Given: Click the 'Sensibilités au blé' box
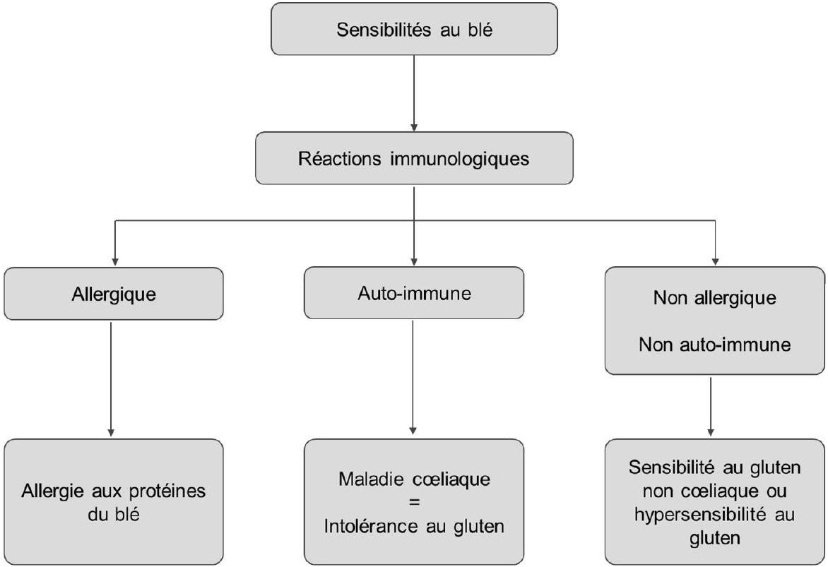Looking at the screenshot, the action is click(414, 29).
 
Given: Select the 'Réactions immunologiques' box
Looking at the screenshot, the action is click(414, 158).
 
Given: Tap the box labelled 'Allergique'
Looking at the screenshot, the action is click(114, 294).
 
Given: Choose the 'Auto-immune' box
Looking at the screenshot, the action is click(414, 293).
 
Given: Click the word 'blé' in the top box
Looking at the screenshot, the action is click(480, 29).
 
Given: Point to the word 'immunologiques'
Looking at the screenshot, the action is click(459, 159).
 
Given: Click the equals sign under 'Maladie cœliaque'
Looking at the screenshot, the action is click(414, 503).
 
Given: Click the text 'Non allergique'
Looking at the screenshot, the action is click(714, 298).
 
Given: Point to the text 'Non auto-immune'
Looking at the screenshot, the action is click(714, 345).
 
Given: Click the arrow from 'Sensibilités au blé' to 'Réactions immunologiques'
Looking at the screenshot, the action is click(414, 93).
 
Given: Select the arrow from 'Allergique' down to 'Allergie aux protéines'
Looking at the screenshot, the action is click(111, 379).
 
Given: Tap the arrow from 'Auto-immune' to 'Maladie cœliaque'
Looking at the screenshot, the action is click(413, 378).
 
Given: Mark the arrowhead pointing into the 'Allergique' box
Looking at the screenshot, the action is click(115, 262).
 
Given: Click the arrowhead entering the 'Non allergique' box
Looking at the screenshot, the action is click(716, 261).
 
